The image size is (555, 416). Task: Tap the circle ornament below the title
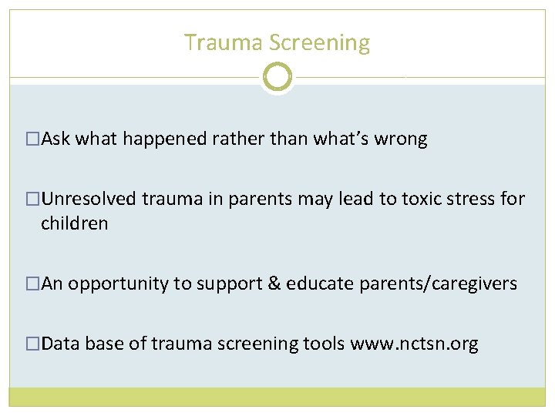click(x=277, y=77)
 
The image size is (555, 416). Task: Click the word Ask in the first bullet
click(x=56, y=139)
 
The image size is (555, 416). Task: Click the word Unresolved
click(x=89, y=200)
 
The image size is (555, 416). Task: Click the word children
click(x=75, y=224)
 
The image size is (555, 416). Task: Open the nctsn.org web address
click(x=414, y=344)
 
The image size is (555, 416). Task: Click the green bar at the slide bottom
click(x=277, y=396)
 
